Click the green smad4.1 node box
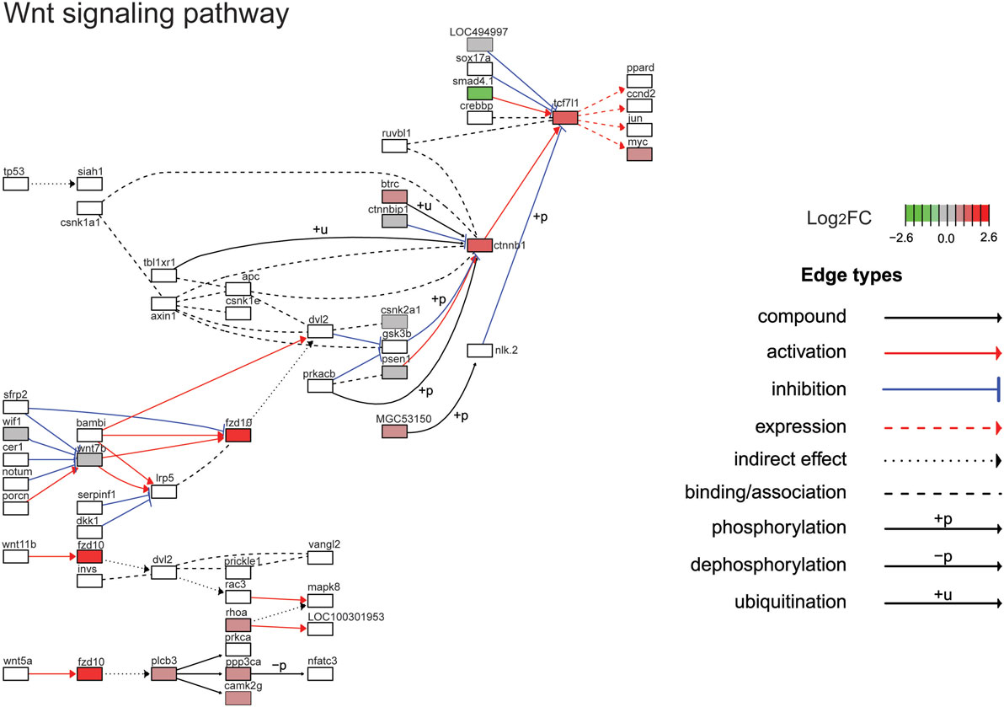pyautogui.click(x=479, y=93)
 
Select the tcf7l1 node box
pyautogui.click(x=565, y=118)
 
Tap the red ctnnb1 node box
pyautogui.click(x=479, y=245)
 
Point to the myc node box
pyautogui.click(x=638, y=154)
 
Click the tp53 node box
pyautogui.click(x=16, y=184)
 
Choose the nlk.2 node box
pyautogui.click(x=479, y=350)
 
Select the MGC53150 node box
pyautogui.click(x=394, y=431)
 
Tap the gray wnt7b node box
pyautogui.click(x=89, y=460)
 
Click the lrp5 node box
pyautogui.click(x=163, y=492)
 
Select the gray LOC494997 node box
pyautogui.click(x=479, y=44)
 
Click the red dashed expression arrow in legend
pyautogui.click(x=942, y=428)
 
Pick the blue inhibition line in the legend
pyautogui.click(x=942, y=390)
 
